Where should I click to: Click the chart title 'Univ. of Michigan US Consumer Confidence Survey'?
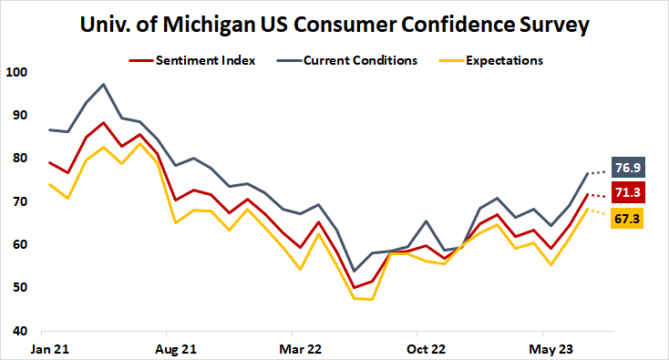click(x=334, y=23)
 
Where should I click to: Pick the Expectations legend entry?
click(x=491, y=60)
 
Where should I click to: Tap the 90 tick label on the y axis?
click(x=19, y=115)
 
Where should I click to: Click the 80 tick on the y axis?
click(x=19, y=159)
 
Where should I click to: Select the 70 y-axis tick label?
click(x=19, y=201)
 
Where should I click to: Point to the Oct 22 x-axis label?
click(x=425, y=348)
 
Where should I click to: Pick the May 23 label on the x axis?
click(x=551, y=348)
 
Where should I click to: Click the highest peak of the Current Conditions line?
click(x=104, y=84)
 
